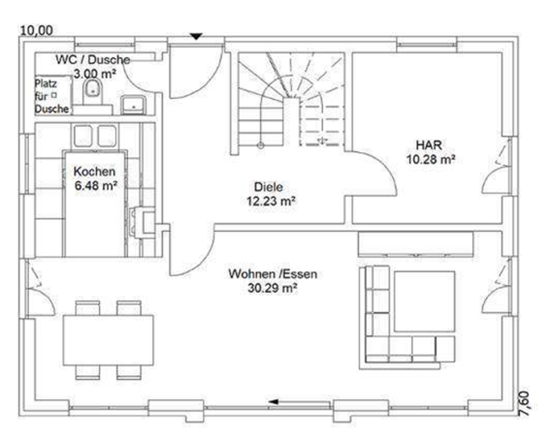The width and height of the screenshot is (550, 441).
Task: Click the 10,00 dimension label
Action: click(37, 31)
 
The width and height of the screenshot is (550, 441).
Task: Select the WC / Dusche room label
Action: click(93, 59)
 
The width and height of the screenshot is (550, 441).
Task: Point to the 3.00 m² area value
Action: click(95, 73)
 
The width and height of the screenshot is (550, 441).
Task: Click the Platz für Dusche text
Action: click(50, 97)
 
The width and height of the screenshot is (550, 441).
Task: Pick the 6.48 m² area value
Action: click(95, 186)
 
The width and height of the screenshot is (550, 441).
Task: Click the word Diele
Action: click(270, 187)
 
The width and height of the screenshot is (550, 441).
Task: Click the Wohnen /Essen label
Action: click(273, 274)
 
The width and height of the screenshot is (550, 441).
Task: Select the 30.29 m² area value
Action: click(273, 289)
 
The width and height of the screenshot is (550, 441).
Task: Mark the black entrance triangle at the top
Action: click(195, 37)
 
